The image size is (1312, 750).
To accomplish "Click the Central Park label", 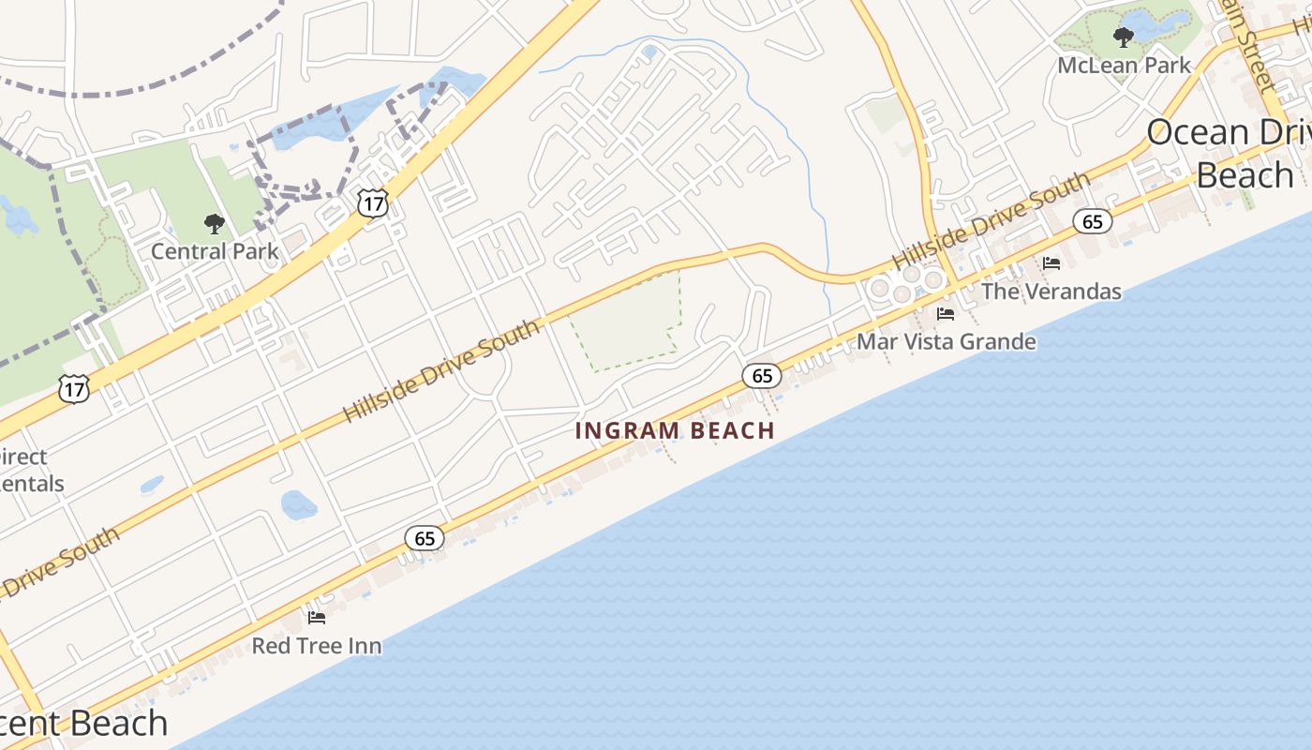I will (x=215, y=251).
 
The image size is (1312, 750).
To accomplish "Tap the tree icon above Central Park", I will (x=215, y=224).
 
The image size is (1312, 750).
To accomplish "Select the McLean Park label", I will (x=1124, y=66).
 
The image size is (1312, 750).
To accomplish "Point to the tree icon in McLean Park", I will (x=1123, y=37).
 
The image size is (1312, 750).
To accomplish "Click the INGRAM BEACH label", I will (x=675, y=430).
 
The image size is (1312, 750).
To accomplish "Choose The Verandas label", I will (x=1051, y=292).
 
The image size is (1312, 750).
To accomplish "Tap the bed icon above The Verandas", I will (x=1051, y=263).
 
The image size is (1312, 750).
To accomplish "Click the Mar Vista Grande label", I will (x=947, y=341).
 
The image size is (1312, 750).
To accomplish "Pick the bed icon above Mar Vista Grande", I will (x=945, y=314).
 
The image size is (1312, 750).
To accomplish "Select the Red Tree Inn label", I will (x=317, y=646).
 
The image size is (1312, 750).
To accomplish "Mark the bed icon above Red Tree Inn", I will (x=317, y=618).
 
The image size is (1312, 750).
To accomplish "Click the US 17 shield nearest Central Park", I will (x=373, y=202).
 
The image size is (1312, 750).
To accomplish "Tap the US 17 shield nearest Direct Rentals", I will (x=74, y=388).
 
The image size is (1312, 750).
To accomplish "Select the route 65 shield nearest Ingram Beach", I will (x=762, y=376).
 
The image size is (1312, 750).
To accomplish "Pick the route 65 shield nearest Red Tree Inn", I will (x=425, y=538).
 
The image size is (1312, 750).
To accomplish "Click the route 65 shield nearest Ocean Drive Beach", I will (x=1093, y=221).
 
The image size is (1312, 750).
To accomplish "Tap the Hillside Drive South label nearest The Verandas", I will (x=991, y=221).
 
